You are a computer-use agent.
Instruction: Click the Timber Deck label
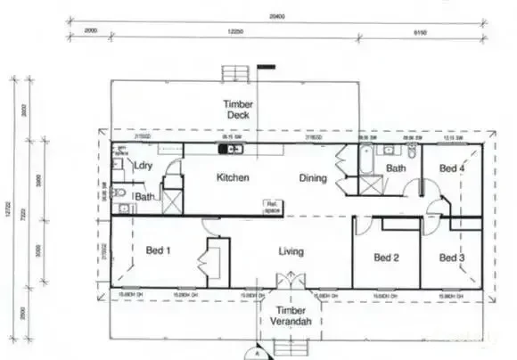pyautogui.click(x=237, y=110)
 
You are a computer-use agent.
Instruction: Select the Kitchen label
pyautogui.click(x=233, y=177)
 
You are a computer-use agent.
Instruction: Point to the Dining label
pyautogui.click(x=312, y=177)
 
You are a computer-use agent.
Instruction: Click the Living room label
pyautogui.click(x=292, y=251)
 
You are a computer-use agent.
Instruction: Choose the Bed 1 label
pyautogui.click(x=158, y=251)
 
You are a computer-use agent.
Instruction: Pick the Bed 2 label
pyautogui.click(x=386, y=258)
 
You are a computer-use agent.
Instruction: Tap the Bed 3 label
pyautogui.click(x=452, y=258)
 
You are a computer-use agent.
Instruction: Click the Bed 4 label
pyautogui.click(x=452, y=168)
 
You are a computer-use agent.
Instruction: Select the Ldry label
pyautogui.click(x=142, y=166)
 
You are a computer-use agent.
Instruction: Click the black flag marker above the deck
pyautogui.click(x=266, y=65)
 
